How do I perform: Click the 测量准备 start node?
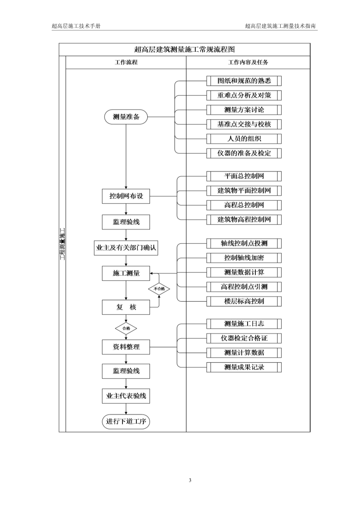point(126,117)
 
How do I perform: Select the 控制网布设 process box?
point(126,197)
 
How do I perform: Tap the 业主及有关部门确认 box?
point(126,248)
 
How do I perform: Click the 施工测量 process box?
point(126,273)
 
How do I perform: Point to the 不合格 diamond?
point(159,288)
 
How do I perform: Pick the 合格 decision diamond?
point(126,328)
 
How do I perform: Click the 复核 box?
point(126,307)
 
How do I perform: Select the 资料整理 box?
point(126,347)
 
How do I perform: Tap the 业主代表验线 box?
point(126,396)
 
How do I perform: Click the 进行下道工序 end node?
point(126,421)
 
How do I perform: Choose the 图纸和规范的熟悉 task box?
point(244,81)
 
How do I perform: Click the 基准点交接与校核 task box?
point(244,124)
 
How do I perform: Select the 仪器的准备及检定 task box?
point(244,153)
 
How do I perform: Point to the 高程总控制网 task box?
point(244,205)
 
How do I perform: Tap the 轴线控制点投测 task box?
point(244,243)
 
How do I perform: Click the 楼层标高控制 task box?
point(244,301)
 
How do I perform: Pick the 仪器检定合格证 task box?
point(244,338)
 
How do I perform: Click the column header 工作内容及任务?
point(248,62)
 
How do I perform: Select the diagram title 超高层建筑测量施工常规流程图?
point(184,50)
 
